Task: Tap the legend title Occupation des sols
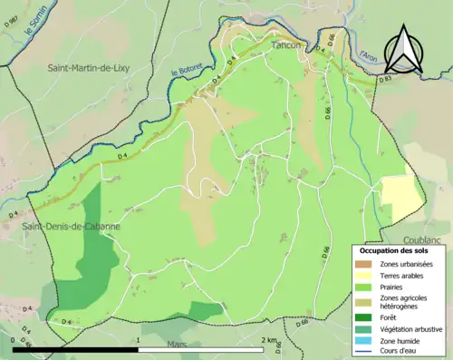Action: point(395,249)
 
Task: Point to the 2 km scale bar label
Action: point(269,340)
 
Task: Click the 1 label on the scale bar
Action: point(138,340)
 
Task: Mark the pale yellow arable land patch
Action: point(400,197)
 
